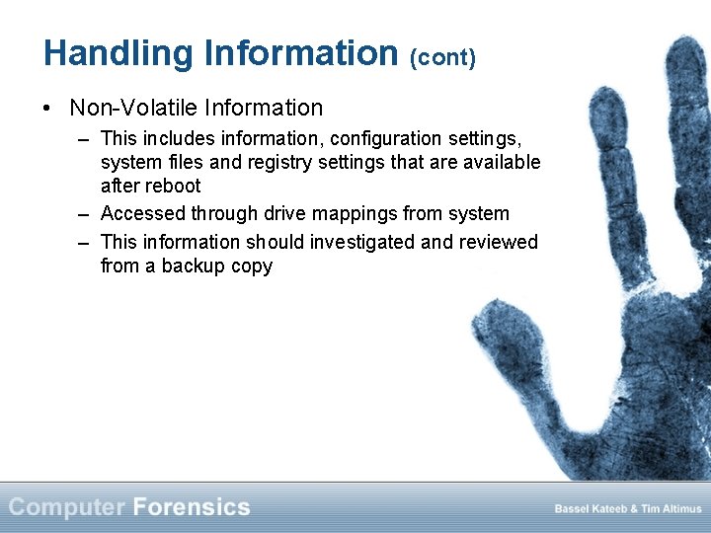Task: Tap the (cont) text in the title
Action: click(442, 57)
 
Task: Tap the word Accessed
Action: click(143, 213)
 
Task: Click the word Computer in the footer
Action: click(67, 507)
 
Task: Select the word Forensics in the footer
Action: click(191, 507)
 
